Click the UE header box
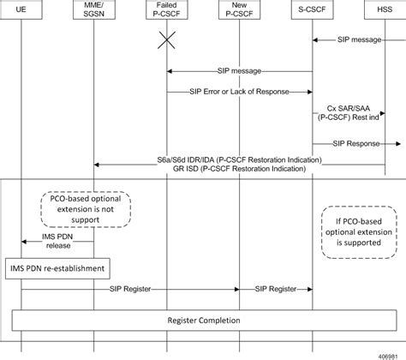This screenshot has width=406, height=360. [21, 15]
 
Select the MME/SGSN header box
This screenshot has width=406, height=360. [94, 15]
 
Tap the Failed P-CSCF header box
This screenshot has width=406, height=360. [167, 15]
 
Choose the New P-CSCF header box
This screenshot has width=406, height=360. [239, 15]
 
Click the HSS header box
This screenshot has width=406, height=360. [384, 15]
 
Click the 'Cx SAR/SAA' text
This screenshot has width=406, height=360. [348, 109]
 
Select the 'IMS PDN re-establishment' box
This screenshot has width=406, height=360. [57, 269]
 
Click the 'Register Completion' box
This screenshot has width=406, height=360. [203, 320]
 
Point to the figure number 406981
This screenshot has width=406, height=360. [387, 352]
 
